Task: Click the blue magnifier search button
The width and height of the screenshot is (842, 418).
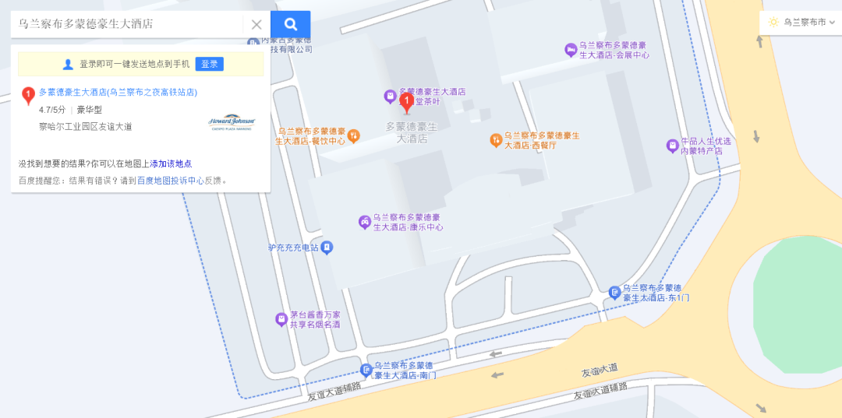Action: click(x=290, y=24)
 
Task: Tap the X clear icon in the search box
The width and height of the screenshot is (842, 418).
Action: click(x=256, y=24)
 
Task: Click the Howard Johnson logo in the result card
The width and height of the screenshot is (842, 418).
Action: click(x=232, y=122)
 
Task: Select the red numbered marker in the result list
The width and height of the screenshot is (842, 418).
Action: click(x=28, y=96)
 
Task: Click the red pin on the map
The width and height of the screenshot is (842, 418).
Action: click(x=406, y=102)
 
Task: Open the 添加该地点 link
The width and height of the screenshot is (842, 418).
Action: click(x=171, y=163)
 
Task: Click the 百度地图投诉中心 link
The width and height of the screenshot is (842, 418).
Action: click(x=171, y=181)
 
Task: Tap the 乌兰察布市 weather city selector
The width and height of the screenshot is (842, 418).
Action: click(x=800, y=22)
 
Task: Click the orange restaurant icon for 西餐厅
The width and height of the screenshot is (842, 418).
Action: click(x=495, y=140)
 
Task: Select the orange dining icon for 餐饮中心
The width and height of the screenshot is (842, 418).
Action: click(x=353, y=136)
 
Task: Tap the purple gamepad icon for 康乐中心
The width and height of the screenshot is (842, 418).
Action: click(x=364, y=222)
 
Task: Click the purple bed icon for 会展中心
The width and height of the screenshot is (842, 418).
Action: click(x=571, y=50)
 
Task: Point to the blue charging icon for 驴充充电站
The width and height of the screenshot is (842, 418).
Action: click(x=327, y=248)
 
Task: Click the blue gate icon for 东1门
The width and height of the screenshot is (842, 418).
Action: click(x=614, y=292)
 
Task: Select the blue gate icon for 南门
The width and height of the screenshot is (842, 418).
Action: click(x=366, y=370)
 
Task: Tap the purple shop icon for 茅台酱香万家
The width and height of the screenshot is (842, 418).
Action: click(x=281, y=319)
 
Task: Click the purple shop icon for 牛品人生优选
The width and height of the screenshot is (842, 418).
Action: click(x=672, y=146)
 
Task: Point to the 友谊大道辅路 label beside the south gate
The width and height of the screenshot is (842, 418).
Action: click(x=334, y=388)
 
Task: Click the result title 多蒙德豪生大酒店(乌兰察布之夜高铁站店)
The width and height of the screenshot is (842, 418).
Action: click(x=118, y=92)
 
